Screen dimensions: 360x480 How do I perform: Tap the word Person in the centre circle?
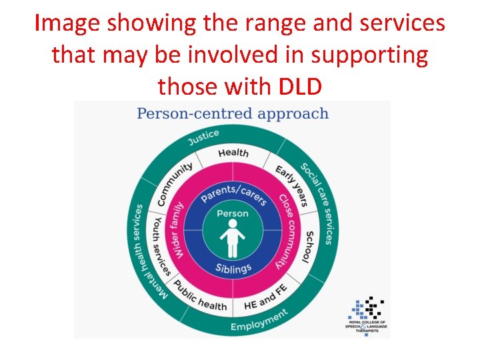tap(233, 214)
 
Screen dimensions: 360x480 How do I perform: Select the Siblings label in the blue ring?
tap(233, 269)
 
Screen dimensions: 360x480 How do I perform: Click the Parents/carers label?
tap(233, 194)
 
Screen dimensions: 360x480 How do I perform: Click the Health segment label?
tap(233, 153)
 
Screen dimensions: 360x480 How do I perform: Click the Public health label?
tap(200, 295)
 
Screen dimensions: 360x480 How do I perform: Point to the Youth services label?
tap(162, 246)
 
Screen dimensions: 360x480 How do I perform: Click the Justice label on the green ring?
tap(203, 137)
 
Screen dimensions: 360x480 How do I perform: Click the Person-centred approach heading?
tap(233, 113)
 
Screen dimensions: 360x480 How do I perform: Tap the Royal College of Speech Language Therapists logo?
tap(366, 315)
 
